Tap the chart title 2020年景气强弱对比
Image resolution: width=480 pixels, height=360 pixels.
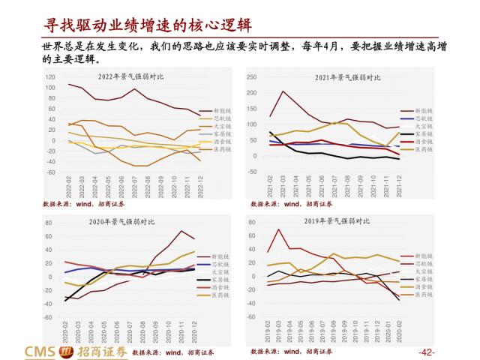click(x=127, y=222)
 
